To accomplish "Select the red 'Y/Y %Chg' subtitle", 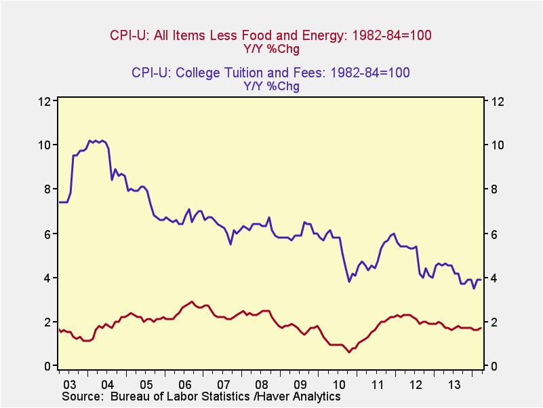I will [270, 49].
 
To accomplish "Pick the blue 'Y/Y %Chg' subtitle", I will [270, 86].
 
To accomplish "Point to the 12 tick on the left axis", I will [46, 101].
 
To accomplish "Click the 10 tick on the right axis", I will [497, 145].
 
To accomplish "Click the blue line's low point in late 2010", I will [349, 282].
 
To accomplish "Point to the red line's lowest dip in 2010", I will [349, 352].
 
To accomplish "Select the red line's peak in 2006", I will [192, 301].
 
